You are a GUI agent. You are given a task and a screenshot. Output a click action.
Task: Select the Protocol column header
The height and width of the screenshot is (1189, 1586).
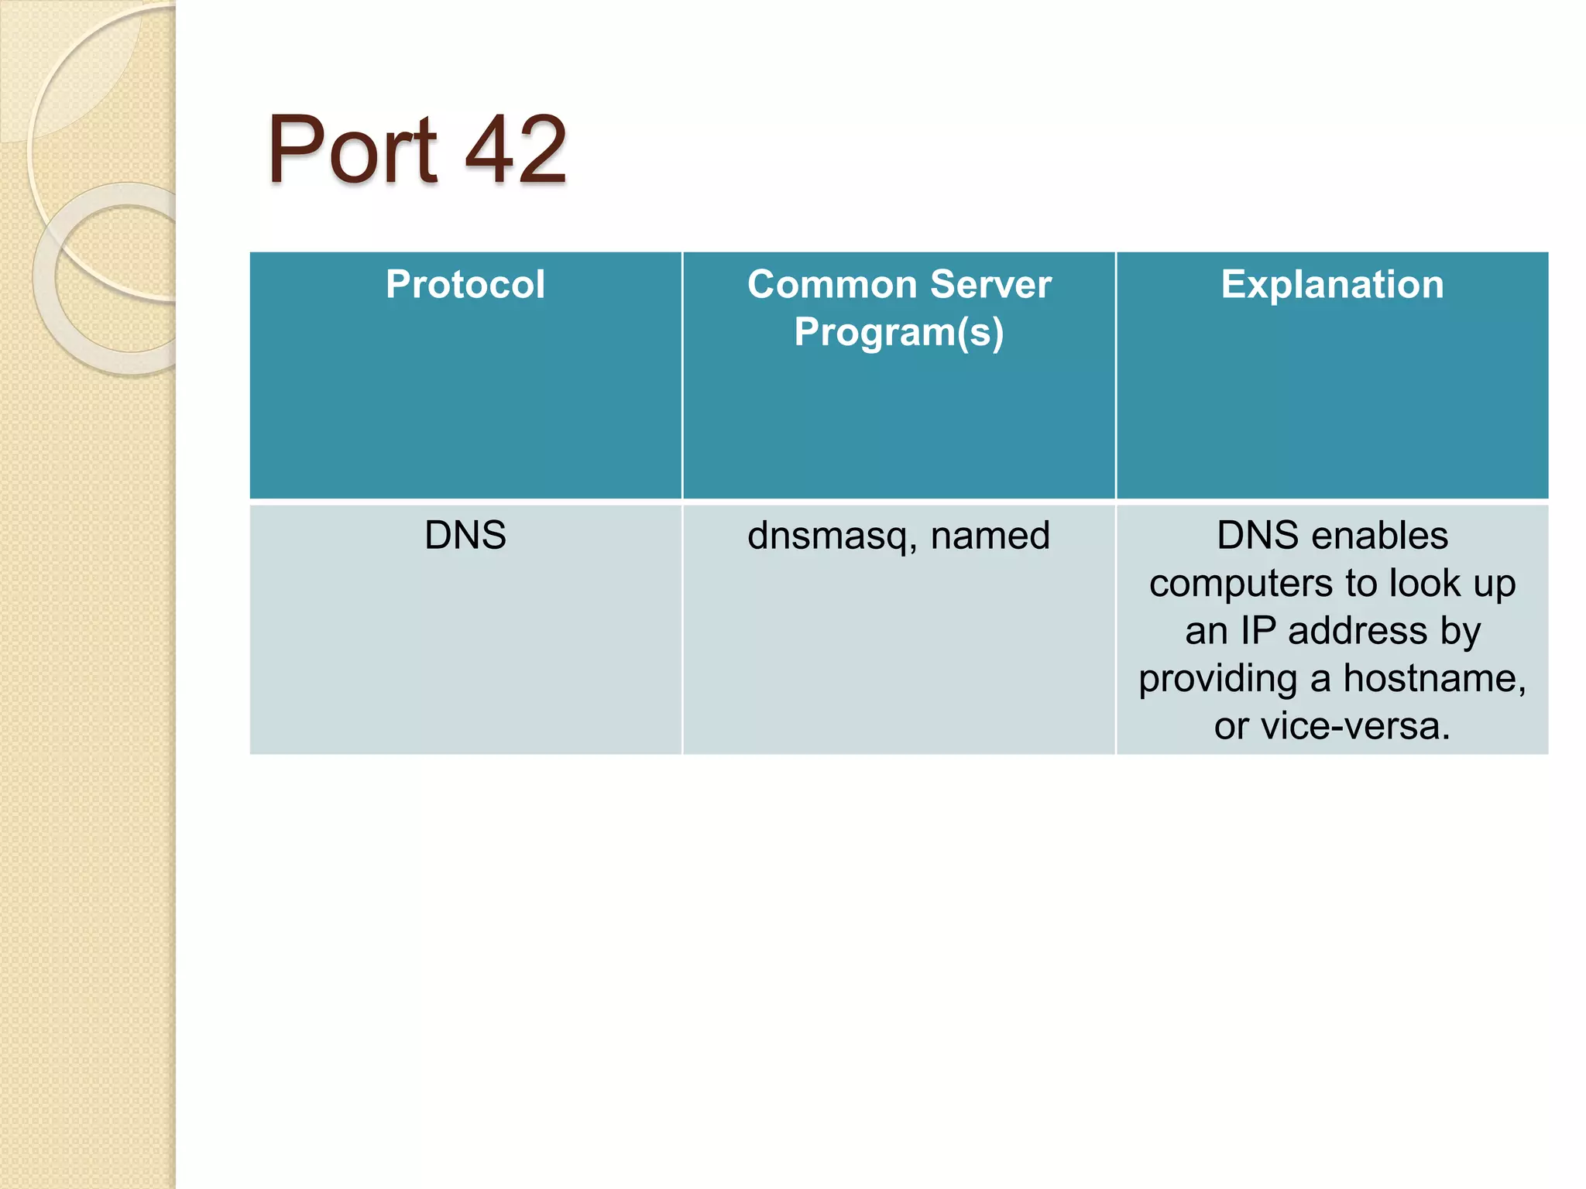pos(465,284)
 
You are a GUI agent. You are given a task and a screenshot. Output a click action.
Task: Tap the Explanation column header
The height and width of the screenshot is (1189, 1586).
pos(1332,284)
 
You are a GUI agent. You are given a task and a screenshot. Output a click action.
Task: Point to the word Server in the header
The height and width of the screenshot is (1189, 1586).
pos(990,284)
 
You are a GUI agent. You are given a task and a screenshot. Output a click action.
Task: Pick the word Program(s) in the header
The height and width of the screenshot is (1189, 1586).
pos(898,333)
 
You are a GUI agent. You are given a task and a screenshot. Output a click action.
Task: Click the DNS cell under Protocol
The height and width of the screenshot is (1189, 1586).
pos(465,535)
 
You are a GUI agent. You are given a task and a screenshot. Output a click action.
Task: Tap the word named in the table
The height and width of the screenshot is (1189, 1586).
pos(990,535)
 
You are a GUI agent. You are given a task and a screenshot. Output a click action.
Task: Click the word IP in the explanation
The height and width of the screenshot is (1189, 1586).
pos(1258,630)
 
